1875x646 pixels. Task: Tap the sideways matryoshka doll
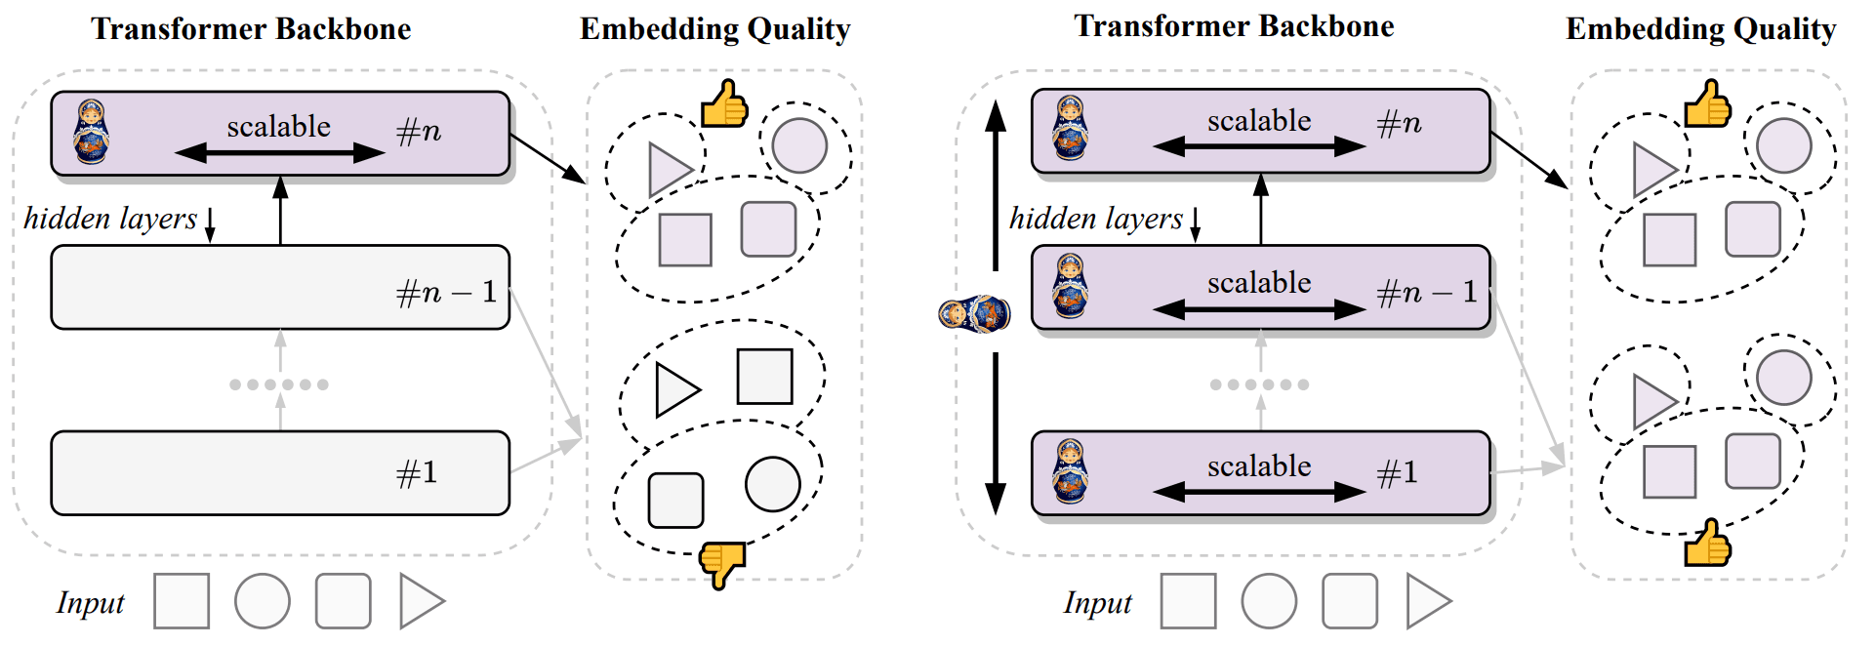pyautogui.click(x=973, y=314)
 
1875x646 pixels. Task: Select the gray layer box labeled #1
pyautogui.click(x=280, y=472)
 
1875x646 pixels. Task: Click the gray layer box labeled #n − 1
pyautogui.click(x=280, y=287)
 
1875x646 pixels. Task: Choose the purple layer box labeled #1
pyautogui.click(x=1260, y=472)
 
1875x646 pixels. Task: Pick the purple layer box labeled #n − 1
pyautogui.click(x=1260, y=287)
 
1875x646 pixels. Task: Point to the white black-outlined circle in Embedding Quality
pyautogui.click(x=772, y=484)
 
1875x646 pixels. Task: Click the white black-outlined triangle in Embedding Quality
pyautogui.click(x=675, y=390)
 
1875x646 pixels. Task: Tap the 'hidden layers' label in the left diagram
pyautogui.click(x=110, y=219)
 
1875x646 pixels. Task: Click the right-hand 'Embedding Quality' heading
pyautogui.click(x=1700, y=29)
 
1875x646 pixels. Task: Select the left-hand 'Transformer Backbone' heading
pyautogui.click(x=251, y=29)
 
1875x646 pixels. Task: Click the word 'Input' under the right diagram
pyautogui.click(x=1097, y=603)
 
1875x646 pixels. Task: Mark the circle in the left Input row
pyautogui.click(x=262, y=601)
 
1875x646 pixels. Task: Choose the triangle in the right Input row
pyautogui.click(x=1425, y=601)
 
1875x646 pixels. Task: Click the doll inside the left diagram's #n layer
pyautogui.click(x=91, y=132)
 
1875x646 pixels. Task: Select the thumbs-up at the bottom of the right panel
pyautogui.click(x=1707, y=544)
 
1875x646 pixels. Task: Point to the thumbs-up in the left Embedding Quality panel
pyautogui.click(x=723, y=104)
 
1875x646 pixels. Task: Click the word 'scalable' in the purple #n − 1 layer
pyautogui.click(x=1259, y=282)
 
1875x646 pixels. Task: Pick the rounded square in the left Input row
pyautogui.click(x=343, y=601)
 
